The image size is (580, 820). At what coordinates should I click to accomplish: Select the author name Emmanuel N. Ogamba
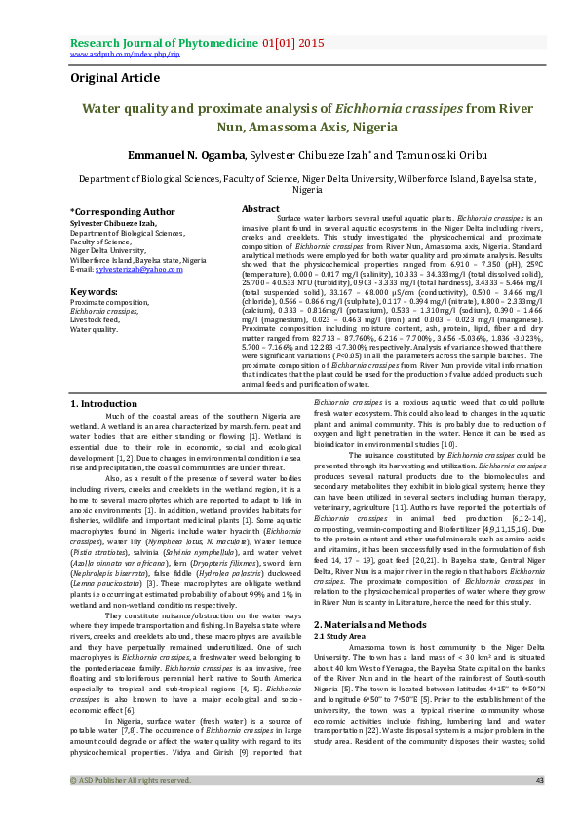pos(161,155)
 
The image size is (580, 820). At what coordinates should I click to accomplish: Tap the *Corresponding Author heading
pos(122,210)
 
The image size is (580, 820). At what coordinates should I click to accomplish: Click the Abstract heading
pos(260,209)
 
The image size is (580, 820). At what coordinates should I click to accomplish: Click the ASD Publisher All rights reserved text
pos(130,807)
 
